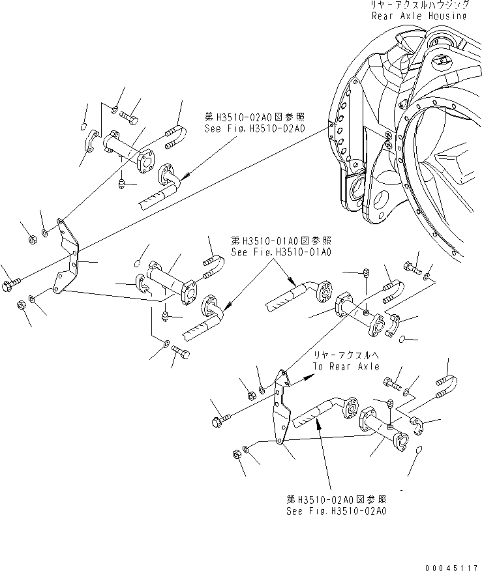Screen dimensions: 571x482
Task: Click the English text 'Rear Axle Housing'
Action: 419,15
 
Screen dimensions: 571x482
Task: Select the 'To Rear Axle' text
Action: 345,366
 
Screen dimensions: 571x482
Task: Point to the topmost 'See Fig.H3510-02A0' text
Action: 254,129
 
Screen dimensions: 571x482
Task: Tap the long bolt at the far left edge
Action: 12,284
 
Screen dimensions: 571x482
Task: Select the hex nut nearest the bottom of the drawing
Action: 237,454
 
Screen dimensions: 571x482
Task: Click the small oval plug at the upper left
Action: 85,126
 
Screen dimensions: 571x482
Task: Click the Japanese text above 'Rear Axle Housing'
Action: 419,4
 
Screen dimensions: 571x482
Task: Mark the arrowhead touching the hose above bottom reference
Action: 318,424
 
